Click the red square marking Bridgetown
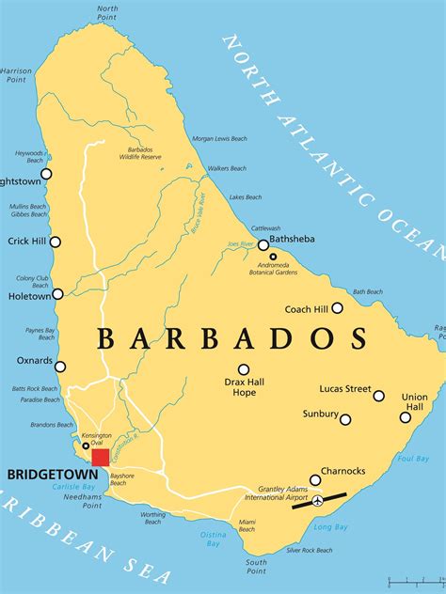100,458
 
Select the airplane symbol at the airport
318,501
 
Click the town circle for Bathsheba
263,244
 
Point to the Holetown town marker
57,294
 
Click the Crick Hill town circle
55,242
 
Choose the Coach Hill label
307,308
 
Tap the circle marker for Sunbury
345,419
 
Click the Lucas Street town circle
378,396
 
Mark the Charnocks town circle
315,480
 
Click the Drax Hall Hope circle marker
244,369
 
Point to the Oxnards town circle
60,367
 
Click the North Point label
107,12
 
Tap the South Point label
256,567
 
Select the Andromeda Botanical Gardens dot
273,257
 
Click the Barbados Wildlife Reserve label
146,152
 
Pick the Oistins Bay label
214,539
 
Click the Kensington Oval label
97,440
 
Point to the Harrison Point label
16,74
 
